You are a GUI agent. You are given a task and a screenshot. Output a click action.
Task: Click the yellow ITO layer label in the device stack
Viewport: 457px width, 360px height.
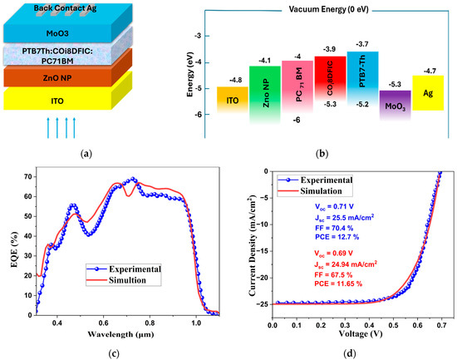[57, 101]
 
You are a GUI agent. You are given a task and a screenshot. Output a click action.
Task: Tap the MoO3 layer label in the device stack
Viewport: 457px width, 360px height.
[57, 33]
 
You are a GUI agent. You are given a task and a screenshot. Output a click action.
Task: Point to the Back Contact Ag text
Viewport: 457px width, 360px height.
[65, 8]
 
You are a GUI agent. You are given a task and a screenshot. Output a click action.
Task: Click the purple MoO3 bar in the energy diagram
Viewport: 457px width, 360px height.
[395, 105]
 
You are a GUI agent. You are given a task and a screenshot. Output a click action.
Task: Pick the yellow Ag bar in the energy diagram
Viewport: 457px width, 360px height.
[428, 93]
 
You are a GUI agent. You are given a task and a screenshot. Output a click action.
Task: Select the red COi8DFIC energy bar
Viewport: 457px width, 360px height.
[330, 78]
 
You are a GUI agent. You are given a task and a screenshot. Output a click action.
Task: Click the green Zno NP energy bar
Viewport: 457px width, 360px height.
[264, 94]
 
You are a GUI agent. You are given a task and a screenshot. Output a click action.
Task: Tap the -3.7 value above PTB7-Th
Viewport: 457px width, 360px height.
[362, 44]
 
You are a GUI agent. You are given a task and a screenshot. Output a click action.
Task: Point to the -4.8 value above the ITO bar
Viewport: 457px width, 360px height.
[235, 80]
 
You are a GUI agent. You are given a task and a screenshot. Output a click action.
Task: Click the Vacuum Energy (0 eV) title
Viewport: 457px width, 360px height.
[328, 9]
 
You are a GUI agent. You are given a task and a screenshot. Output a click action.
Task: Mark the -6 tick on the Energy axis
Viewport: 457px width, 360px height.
[198, 115]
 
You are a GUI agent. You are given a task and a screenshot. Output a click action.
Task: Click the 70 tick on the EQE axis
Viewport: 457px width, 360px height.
[30, 177]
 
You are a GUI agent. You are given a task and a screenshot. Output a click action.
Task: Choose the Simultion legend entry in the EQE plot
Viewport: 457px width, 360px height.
[124, 280]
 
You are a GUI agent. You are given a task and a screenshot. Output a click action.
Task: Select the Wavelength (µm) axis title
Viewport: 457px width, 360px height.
[120, 334]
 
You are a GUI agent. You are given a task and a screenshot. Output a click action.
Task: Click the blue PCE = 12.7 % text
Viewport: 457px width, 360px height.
[337, 237]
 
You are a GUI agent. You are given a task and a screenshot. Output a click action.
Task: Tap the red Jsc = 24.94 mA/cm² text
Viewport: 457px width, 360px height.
[346, 264]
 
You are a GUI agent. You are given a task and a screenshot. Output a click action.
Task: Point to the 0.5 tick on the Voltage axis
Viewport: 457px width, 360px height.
[393, 325]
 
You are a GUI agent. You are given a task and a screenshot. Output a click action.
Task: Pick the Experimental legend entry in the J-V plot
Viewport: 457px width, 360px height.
[315, 180]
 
